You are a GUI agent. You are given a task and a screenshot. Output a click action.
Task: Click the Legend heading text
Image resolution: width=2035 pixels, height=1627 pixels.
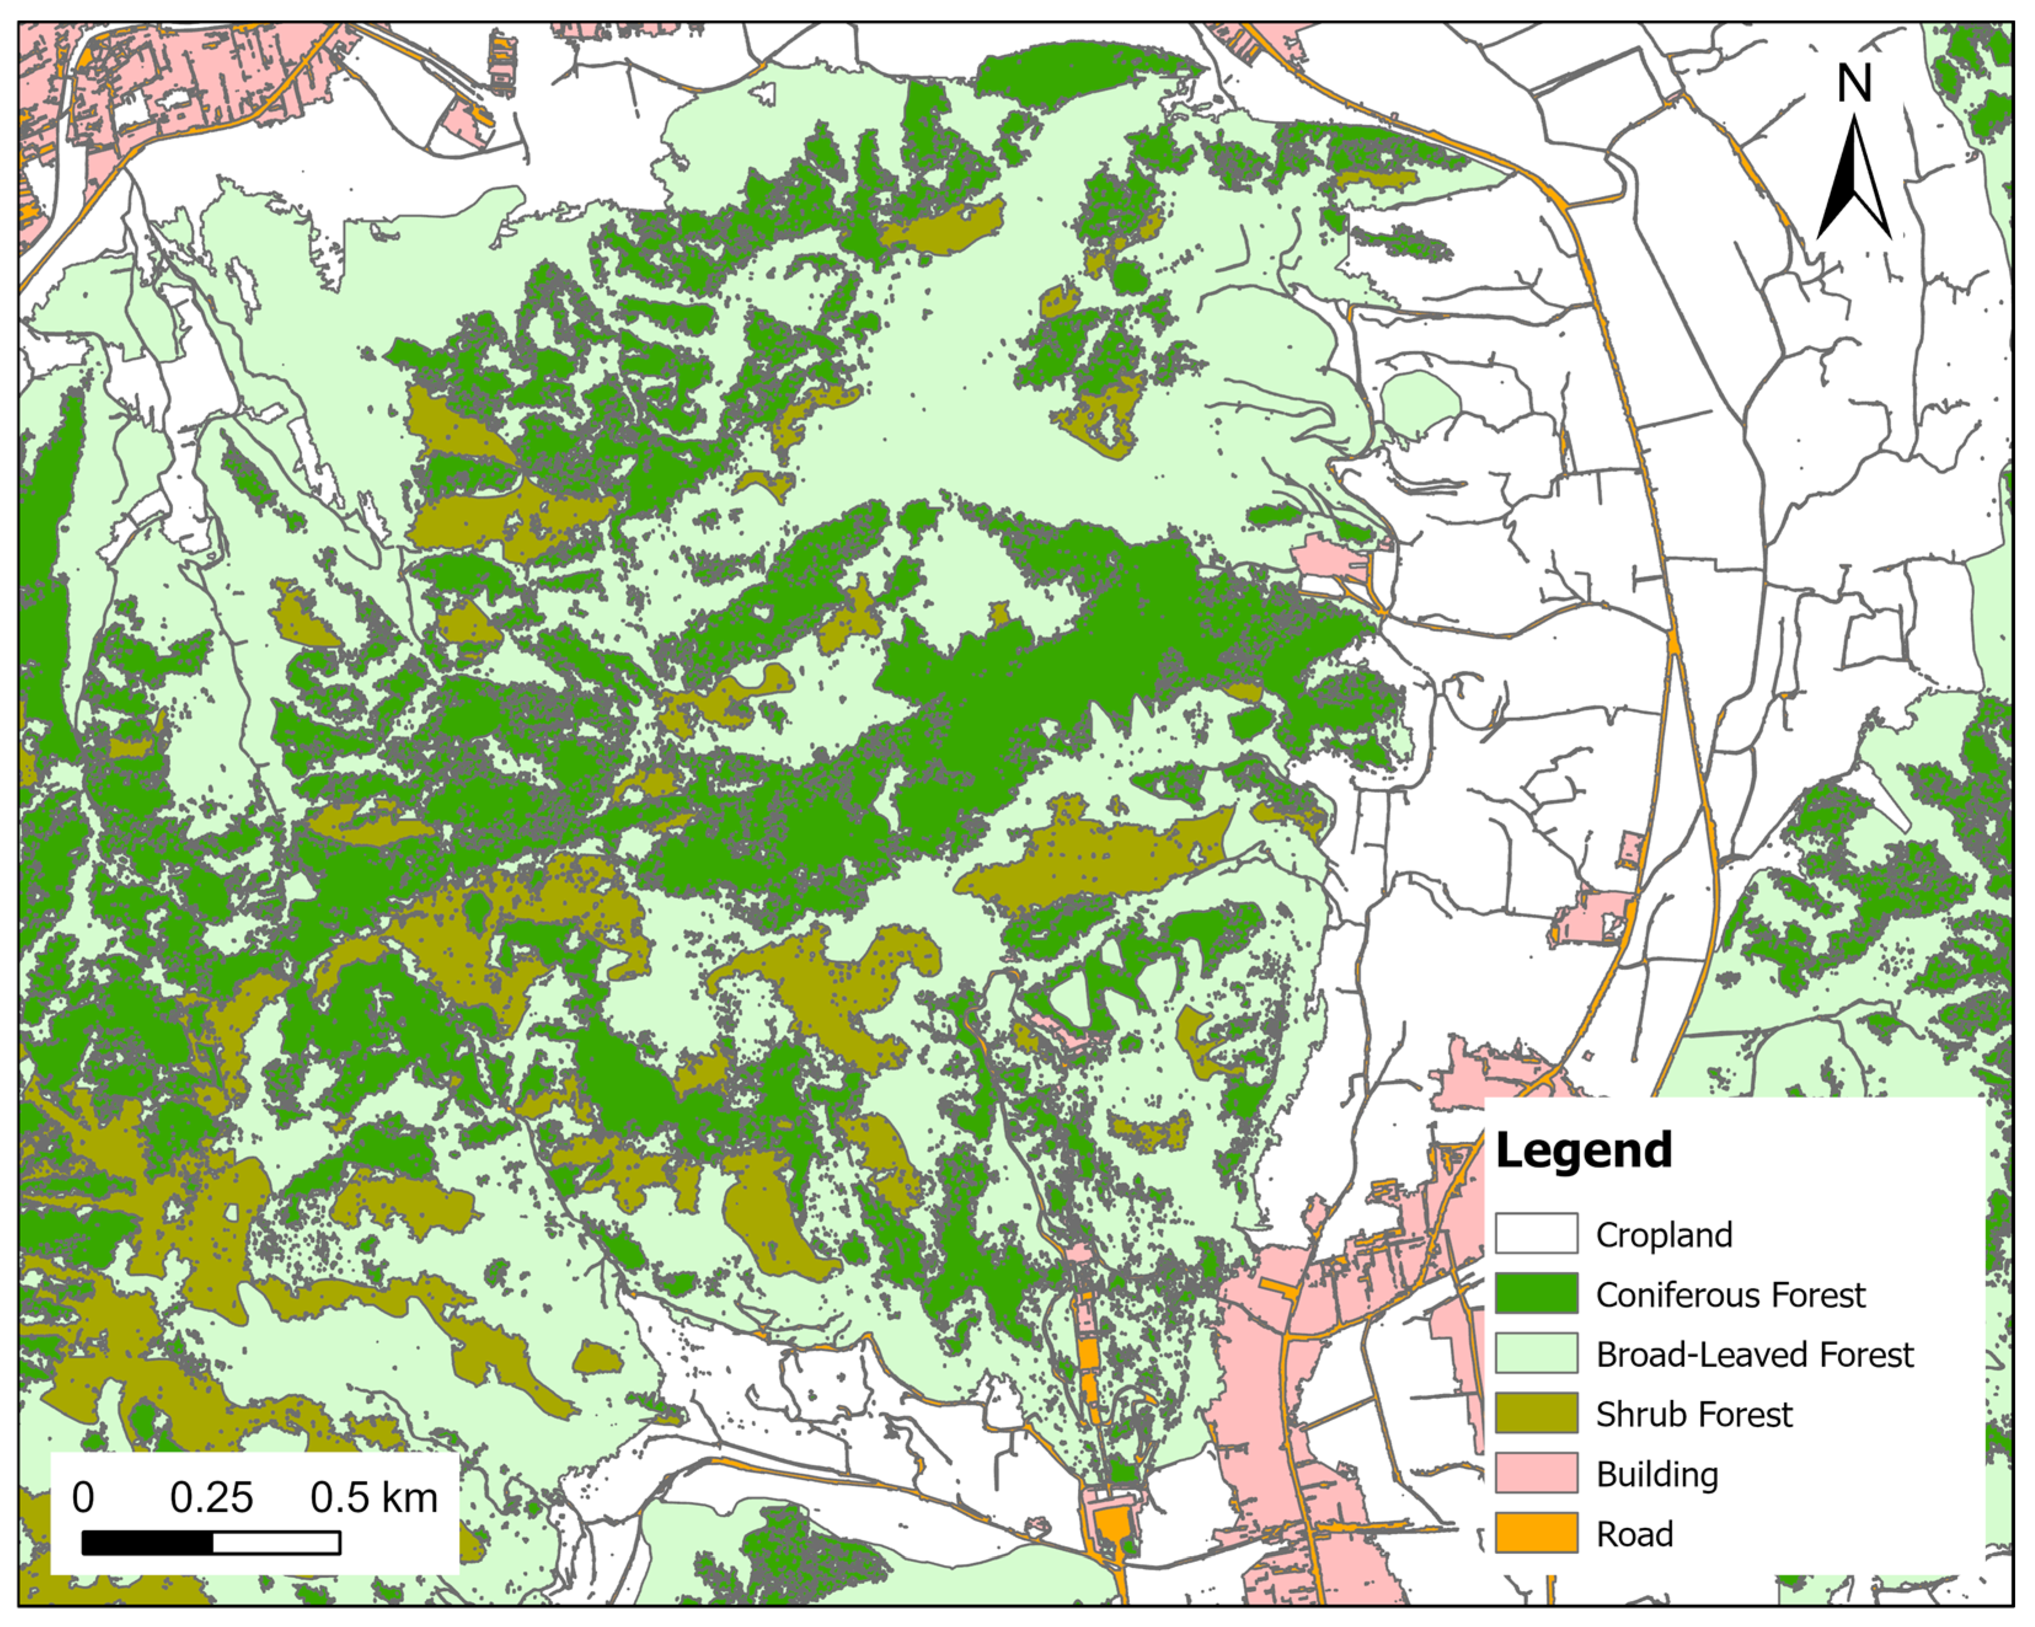click(x=1583, y=1151)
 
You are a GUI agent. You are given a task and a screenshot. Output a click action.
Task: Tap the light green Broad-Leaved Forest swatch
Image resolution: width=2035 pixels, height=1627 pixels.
click(x=1536, y=1353)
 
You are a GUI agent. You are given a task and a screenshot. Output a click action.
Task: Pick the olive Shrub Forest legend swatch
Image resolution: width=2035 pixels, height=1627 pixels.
click(x=1536, y=1412)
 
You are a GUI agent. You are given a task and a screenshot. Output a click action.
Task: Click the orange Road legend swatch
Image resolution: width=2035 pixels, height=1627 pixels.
click(x=1536, y=1532)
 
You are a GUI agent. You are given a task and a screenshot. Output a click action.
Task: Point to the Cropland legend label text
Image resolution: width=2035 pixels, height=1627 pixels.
click(x=1663, y=1234)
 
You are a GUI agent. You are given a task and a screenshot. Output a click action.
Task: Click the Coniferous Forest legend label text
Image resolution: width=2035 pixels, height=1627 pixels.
click(x=1730, y=1295)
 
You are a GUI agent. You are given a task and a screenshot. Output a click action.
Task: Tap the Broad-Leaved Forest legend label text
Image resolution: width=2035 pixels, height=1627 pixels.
click(x=1753, y=1354)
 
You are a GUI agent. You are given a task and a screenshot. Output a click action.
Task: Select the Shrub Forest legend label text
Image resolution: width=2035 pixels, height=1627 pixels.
click(x=1693, y=1414)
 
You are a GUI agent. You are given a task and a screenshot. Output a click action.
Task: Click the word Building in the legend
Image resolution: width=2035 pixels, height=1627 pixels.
click(x=1656, y=1474)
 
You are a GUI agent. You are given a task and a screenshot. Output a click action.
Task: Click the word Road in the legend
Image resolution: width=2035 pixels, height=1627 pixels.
click(x=1634, y=1534)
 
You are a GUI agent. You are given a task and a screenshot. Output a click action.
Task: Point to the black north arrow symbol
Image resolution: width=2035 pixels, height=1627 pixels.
click(x=1853, y=184)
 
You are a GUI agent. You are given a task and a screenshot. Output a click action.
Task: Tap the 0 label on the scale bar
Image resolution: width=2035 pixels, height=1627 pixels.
click(x=83, y=1498)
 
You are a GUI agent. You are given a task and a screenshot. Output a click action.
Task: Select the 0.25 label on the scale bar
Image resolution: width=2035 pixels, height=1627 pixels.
click(x=211, y=1498)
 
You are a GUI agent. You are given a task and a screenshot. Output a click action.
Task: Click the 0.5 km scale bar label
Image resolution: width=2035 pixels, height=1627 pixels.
click(x=374, y=1498)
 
